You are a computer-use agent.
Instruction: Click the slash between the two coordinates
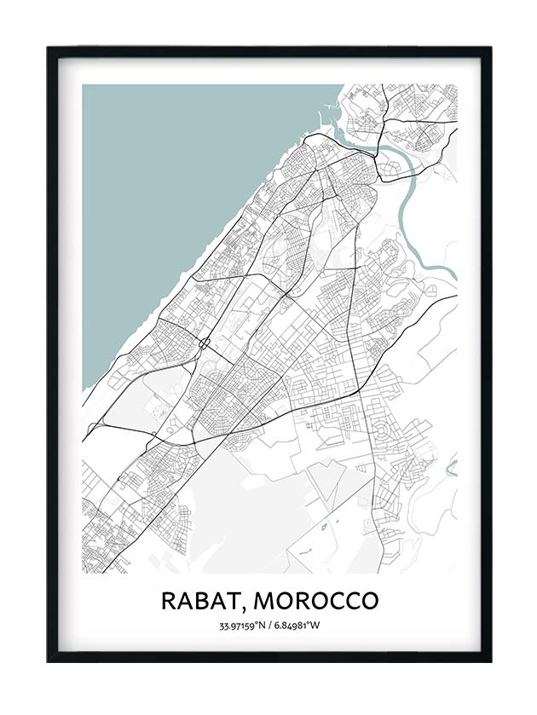269,626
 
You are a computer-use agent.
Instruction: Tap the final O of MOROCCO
368,600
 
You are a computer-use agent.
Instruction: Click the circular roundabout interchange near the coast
205,344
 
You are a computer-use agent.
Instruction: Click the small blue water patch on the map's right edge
453,467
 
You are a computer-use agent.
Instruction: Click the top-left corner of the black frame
49,49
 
